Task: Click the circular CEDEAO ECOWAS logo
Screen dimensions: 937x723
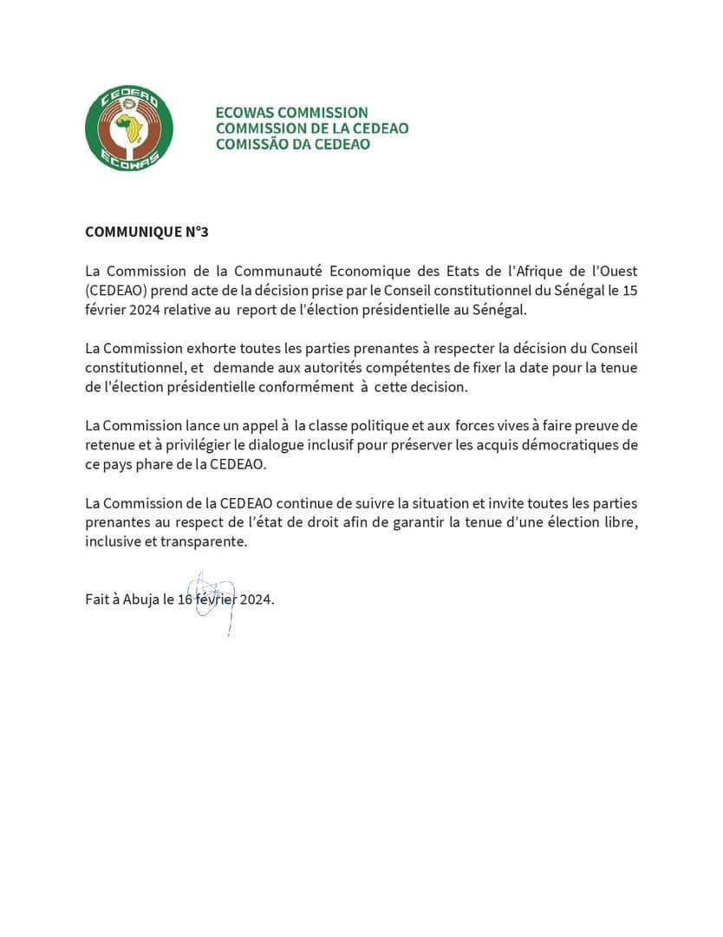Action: pyautogui.click(x=129, y=128)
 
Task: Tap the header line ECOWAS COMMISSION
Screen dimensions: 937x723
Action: pyautogui.click(x=291, y=113)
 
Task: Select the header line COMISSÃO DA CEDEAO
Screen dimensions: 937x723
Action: pyautogui.click(x=292, y=144)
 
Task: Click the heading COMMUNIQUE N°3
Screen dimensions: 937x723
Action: pyautogui.click(x=147, y=233)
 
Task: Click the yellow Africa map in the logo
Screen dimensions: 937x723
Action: pyautogui.click(x=131, y=129)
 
